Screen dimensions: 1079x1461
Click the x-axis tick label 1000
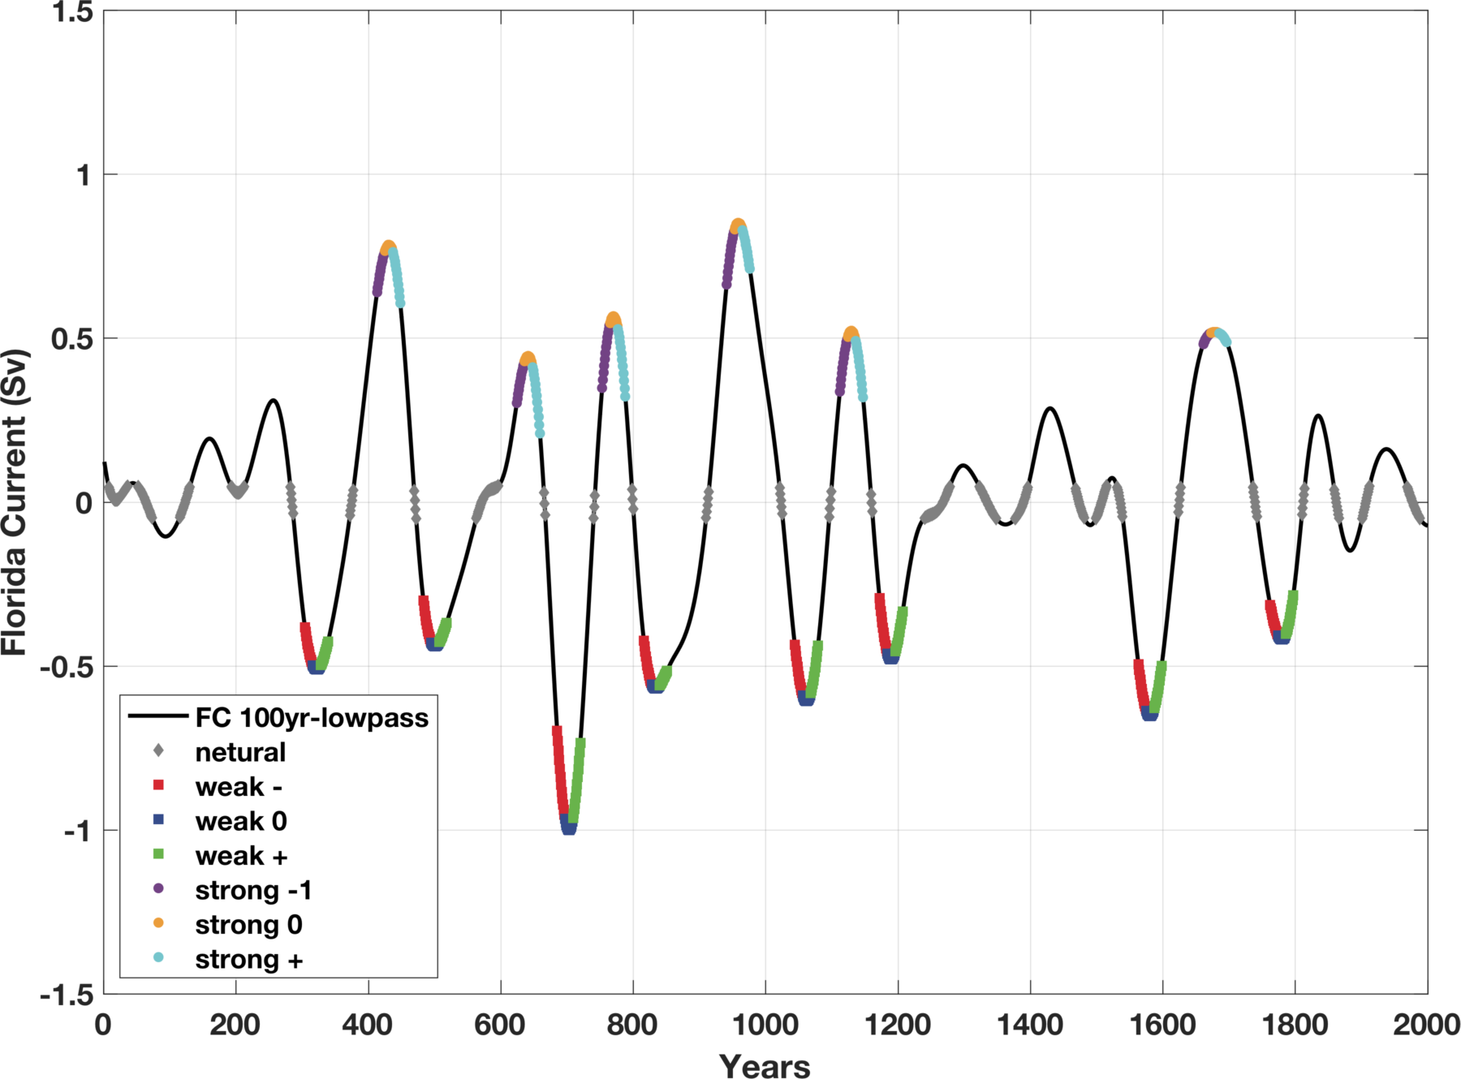tap(765, 1025)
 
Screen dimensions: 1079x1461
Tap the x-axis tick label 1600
tap(1162, 1025)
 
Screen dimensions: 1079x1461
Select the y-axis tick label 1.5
tap(73, 11)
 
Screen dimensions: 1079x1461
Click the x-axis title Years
tap(765, 1065)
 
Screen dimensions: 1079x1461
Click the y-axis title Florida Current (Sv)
tap(15, 502)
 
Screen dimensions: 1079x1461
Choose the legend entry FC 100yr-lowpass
tap(312, 718)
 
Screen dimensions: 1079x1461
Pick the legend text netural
tap(240, 753)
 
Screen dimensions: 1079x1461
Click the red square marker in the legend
tap(158, 785)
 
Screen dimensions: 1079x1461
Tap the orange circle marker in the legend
tap(158, 923)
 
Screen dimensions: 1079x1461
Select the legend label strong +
tap(248, 960)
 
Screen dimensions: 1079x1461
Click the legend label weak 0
tap(241, 822)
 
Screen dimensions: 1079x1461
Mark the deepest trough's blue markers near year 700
tap(569, 828)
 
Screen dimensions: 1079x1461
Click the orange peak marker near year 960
tap(738, 226)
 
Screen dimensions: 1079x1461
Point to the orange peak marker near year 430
tap(388, 247)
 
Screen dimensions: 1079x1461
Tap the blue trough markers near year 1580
tap(1149, 715)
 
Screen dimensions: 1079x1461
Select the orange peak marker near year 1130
tap(851, 333)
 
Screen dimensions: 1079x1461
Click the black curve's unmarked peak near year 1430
tap(1050, 408)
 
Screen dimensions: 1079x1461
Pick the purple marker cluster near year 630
tap(519, 385)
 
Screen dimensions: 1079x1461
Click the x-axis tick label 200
tap(235, 1025)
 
